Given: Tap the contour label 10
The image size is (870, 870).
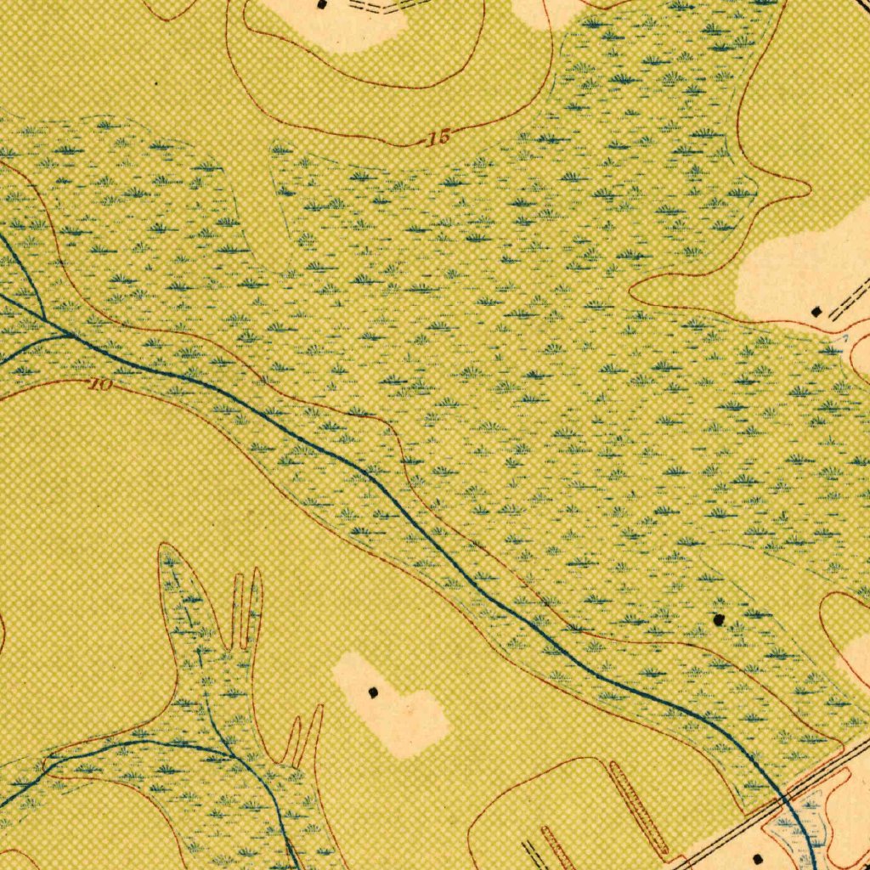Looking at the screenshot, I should click(x=100, y=385).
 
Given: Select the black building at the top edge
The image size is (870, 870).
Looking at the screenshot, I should click(x=321, y=4).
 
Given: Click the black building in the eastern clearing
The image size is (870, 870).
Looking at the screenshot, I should click(x=816, y=312).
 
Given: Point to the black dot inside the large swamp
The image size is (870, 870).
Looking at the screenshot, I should click(x=720, y=619).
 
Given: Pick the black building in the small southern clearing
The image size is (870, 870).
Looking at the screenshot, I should click(x=373, y=692).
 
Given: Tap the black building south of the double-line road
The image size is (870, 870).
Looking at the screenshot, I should click(x=759, y=860).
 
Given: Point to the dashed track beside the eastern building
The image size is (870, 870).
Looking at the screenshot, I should click(x=850, y=299).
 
